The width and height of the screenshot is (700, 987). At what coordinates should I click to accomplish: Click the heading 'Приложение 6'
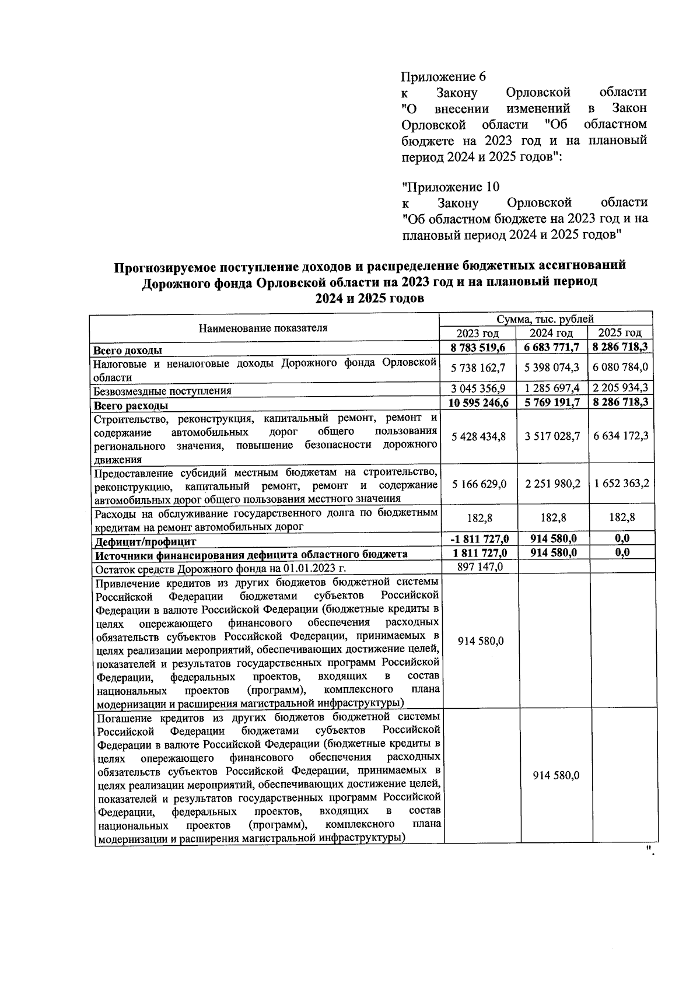pos(443,77)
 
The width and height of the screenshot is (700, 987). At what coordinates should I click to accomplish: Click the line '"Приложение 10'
pos(450,187)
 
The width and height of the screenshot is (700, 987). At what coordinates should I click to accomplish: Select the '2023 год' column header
pos(478,333)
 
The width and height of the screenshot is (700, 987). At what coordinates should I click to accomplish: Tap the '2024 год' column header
pos(551,333)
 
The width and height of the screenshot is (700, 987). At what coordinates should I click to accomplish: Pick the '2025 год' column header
pos(620,333)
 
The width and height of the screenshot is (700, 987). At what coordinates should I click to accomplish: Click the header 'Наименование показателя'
pos(263,328)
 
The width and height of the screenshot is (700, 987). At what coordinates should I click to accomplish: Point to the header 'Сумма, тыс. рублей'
pos(545,319)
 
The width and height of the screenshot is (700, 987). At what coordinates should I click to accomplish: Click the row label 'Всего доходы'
pos(128,351)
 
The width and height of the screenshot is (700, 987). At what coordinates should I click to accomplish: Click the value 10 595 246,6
pos(478,402)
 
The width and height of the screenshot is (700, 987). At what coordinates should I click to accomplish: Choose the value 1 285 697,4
pos(552,388)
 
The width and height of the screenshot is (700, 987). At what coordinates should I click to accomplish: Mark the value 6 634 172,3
pos(621,436)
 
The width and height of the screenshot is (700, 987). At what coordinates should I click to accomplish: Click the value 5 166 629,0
pos(478,484)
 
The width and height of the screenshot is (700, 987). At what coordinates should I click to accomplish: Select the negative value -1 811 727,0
pos(478,538)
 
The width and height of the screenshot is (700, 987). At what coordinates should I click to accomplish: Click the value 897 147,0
pos(481,566)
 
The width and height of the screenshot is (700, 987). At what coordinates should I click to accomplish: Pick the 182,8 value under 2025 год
pos(621,517)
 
